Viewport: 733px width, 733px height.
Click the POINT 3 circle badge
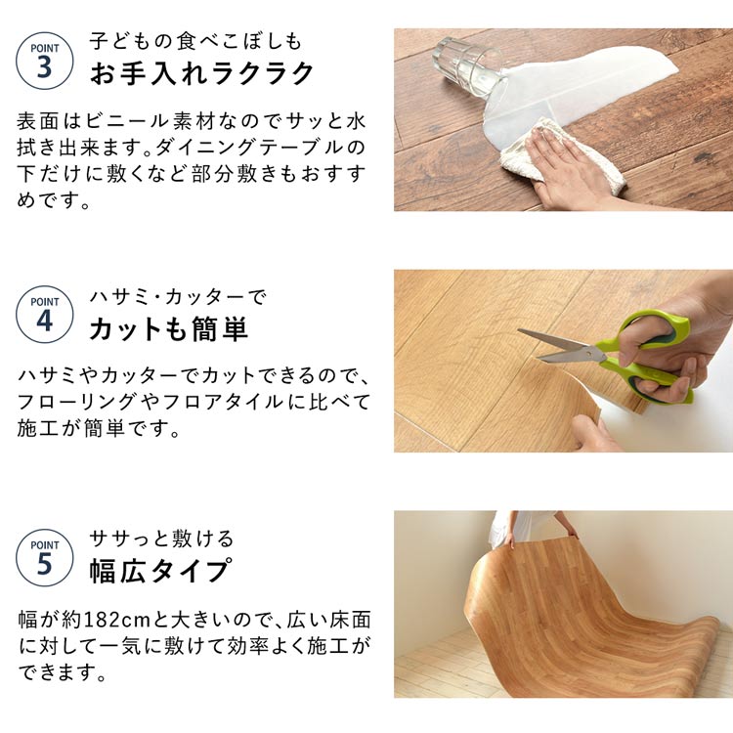point(44,61)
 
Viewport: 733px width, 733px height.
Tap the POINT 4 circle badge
point(44,315)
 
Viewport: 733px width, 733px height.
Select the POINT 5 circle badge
point(44,558)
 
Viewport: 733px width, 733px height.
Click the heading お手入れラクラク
point(202,73)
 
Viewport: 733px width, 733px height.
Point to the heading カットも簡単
point(168,328)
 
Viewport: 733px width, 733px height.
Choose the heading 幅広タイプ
point(160,571)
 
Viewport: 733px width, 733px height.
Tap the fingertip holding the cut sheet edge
point(584,428)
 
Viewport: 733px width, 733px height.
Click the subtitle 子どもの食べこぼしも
point(195,41)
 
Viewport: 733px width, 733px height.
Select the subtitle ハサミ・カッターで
point(178,297)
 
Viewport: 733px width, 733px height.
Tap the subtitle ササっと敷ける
point(161,539)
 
